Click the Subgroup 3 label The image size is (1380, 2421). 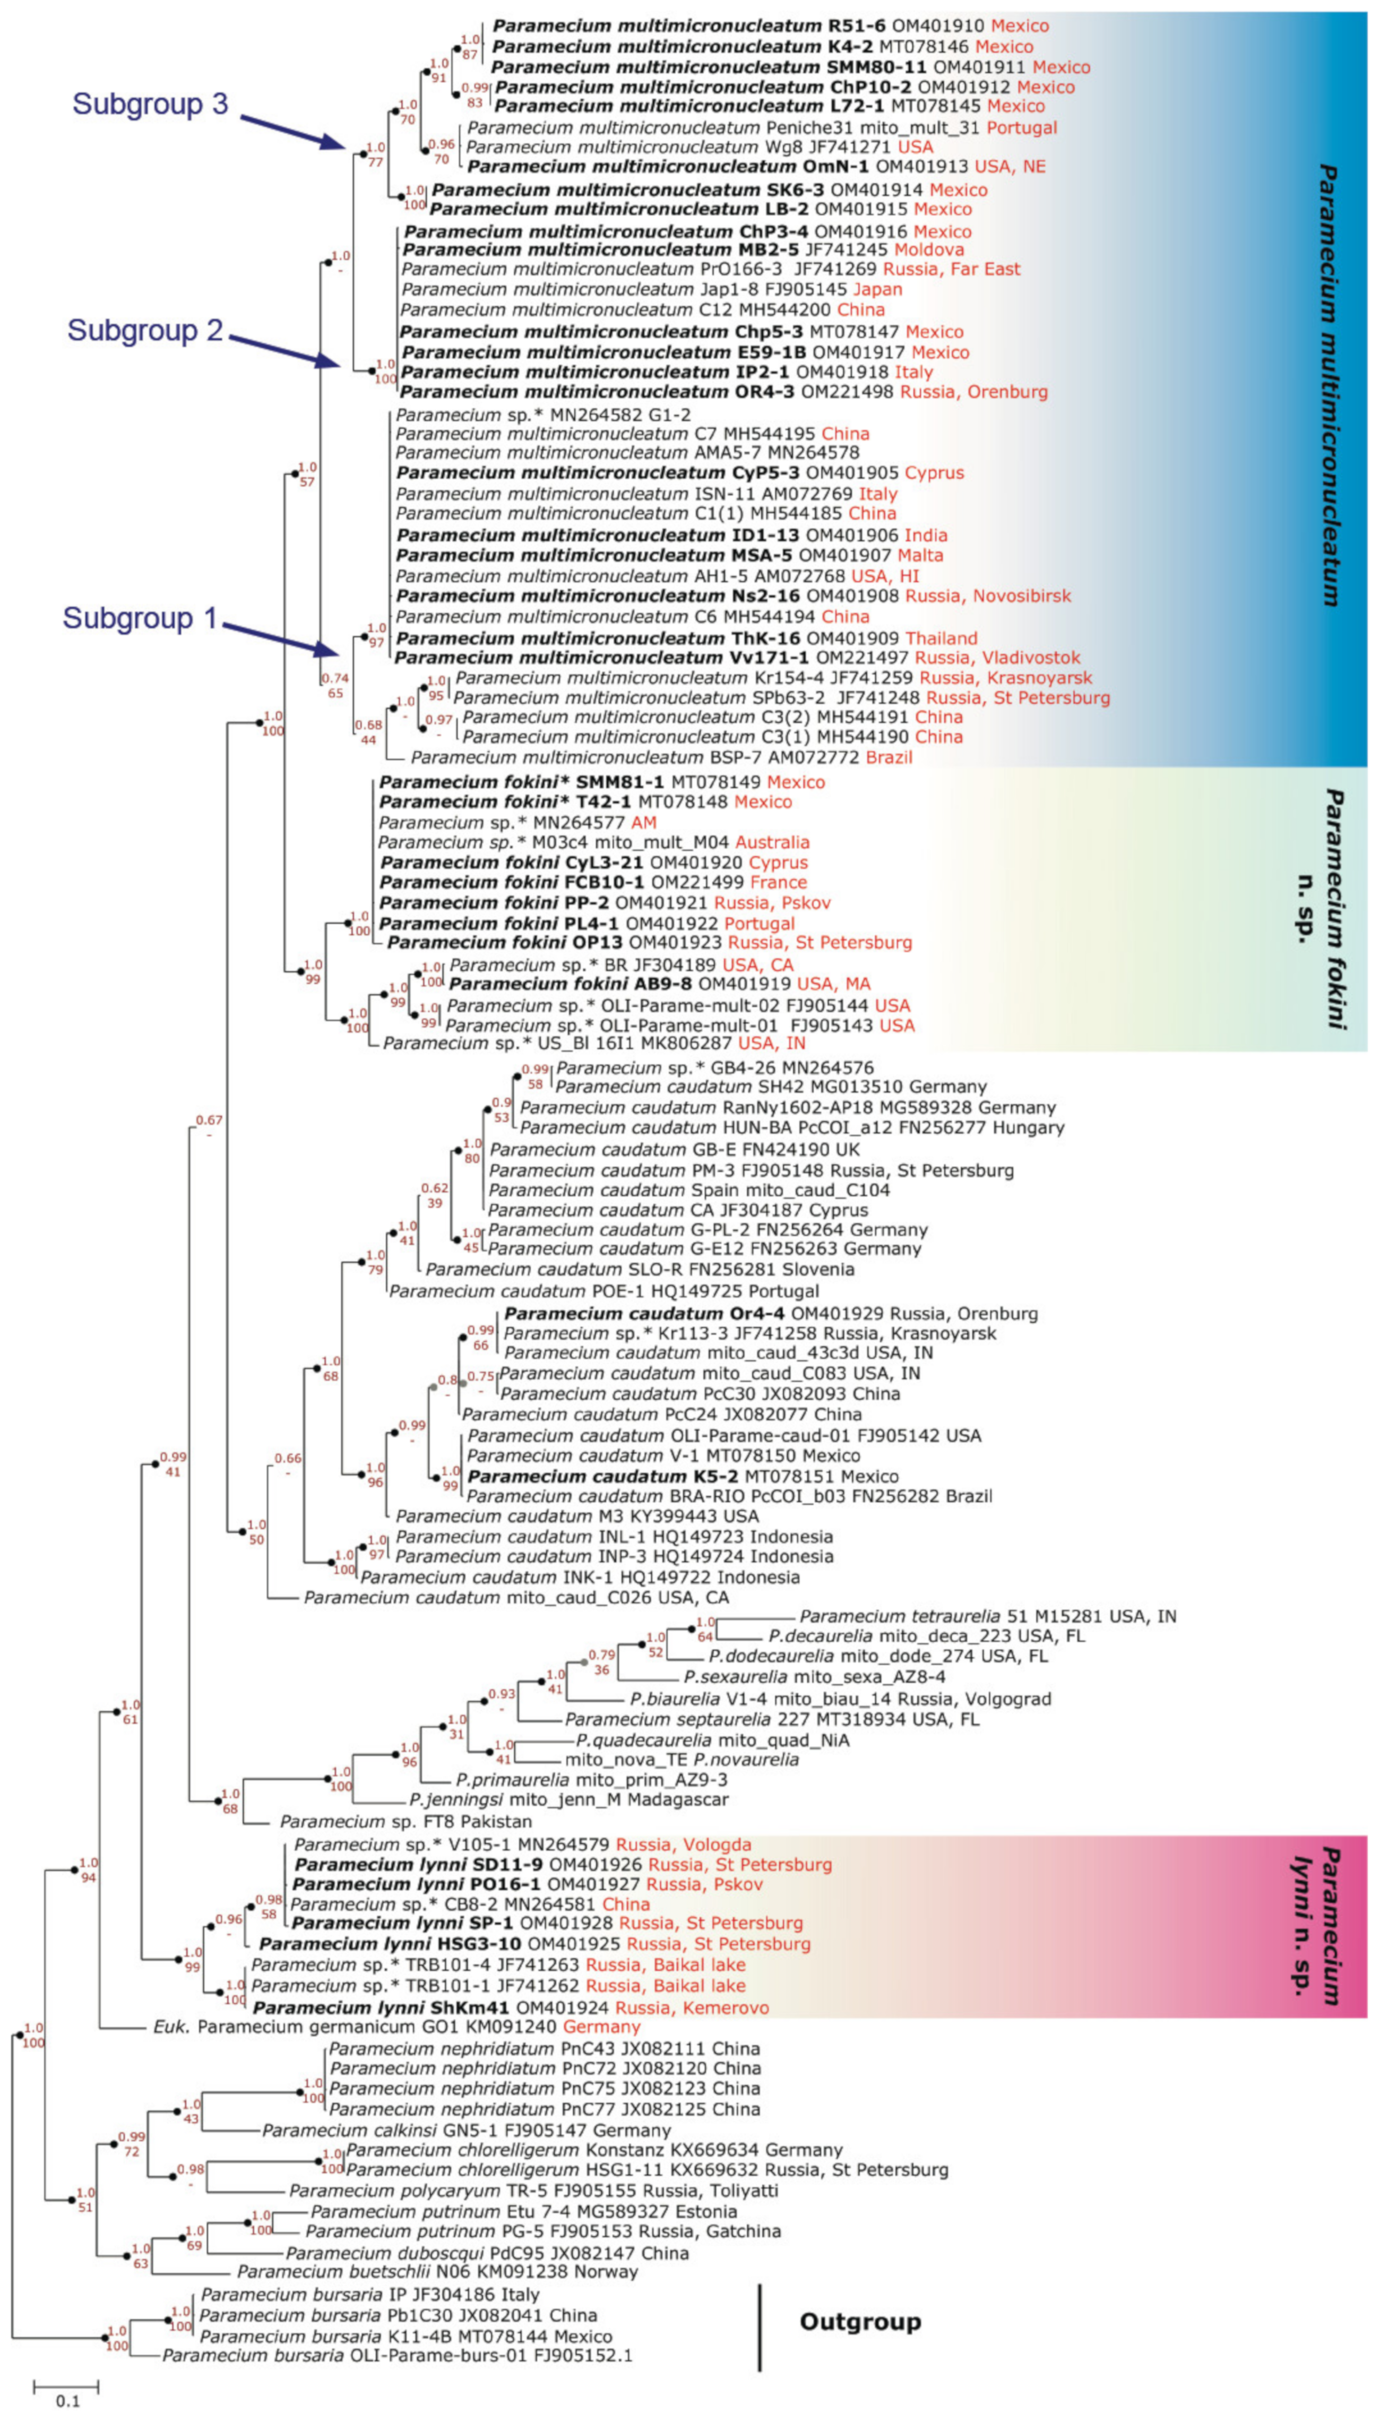[x=150, y=104]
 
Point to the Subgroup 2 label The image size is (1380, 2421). [x=145, y=331]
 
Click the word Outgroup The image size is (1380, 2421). [x=860, y=2322]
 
